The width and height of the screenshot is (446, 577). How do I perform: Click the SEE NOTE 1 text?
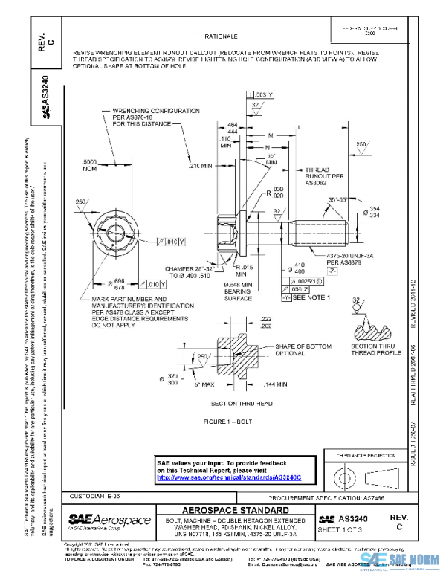point(311,297)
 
